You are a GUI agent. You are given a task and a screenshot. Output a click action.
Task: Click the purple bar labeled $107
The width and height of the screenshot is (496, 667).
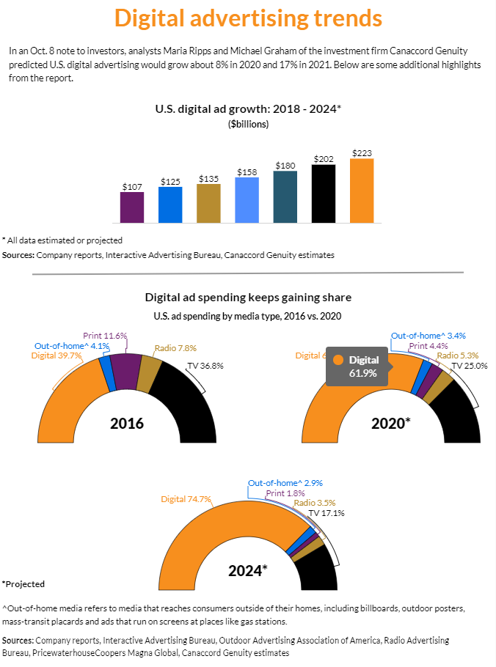pyautogui.click(x=131, y=207)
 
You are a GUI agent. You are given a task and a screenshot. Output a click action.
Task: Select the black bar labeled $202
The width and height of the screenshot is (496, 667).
pyautogui.click(x=324, y=194)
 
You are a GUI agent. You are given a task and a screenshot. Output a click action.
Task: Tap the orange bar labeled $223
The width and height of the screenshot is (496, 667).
pyautogui.click(x=362, y=191)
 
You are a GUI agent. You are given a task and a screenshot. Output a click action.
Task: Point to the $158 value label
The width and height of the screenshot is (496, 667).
pyautogui.click(x=247, y=172)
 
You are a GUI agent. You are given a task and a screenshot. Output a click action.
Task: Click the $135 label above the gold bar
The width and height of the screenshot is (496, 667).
pyautogui.click(x=208, y=179)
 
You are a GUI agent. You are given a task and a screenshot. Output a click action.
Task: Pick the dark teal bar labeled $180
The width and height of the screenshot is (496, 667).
pyautogui.click(x=285, y=196)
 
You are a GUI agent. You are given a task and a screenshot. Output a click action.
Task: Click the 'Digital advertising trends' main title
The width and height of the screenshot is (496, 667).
pyautogui.click(x=248, y=18)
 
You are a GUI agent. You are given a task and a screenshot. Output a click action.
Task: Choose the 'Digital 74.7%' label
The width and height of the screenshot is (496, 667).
pyautogui.click(x=186, y=499)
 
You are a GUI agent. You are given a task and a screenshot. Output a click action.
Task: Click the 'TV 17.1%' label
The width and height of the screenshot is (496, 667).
pyautogui.click(x=327, y=513)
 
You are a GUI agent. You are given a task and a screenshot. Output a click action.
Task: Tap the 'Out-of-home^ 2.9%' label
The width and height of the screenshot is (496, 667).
pyautogui.click(x=285, y=483)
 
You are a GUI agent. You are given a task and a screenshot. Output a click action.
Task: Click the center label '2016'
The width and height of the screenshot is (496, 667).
pyautogui.click(x=126, y=424)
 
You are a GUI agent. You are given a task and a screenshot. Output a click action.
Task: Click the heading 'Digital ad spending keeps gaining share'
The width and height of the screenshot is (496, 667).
pyautogui.click(x=248, y=298)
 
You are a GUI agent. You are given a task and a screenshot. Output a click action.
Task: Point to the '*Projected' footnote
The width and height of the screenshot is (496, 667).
pyautogui.click(x=23, y=584)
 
